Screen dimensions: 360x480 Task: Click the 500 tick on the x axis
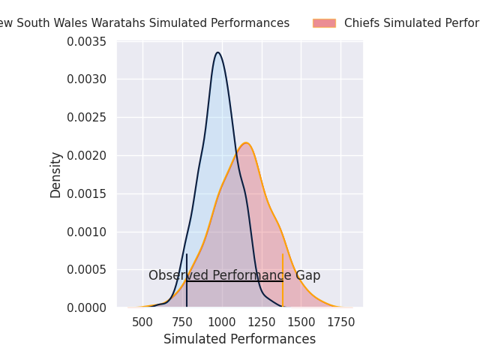click(x=142, y=322)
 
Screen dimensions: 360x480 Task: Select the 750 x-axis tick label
click(x=182, y=322)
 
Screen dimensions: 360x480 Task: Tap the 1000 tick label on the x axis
click(x=222, y=322)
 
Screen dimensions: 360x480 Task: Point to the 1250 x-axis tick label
click(x=262, y=322)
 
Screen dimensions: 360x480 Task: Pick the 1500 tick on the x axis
click(x=301, y=322)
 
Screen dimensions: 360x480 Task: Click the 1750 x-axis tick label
click(x=341, y=322)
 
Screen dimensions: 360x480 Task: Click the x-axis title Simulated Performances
click(x=239, y=339)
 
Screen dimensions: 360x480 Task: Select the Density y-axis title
click(x=56, y=175)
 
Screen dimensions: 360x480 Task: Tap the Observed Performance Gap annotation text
click(x=234, y=275)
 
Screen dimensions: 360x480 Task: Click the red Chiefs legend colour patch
click(x=324, y=23)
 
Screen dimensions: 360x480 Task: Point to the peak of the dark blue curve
click(x=217, y=52)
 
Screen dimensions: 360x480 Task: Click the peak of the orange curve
click(x=245, y=143)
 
